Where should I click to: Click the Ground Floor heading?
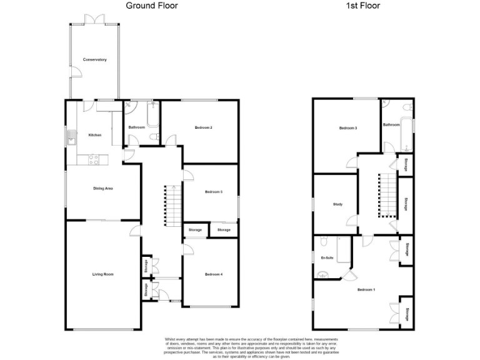(152, 6)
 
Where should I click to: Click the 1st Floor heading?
(363, 6)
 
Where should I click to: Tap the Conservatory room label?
(95, 60)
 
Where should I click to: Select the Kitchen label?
(94, 135)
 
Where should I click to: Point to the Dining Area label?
(102, 188)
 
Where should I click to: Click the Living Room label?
(102, 274)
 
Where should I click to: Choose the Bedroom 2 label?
(204, 128)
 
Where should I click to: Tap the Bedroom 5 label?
(214, 192)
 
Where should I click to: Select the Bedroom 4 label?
(214, 274)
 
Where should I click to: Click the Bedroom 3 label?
(348, 129)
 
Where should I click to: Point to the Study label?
(337, 204)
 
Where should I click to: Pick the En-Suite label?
(326, 257)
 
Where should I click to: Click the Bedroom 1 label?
(366, 290)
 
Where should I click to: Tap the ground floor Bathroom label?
(137, 127)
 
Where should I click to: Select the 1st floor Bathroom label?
(391, 125)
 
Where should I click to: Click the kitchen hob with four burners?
(94, 159)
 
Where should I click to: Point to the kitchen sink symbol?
(73, 138)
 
